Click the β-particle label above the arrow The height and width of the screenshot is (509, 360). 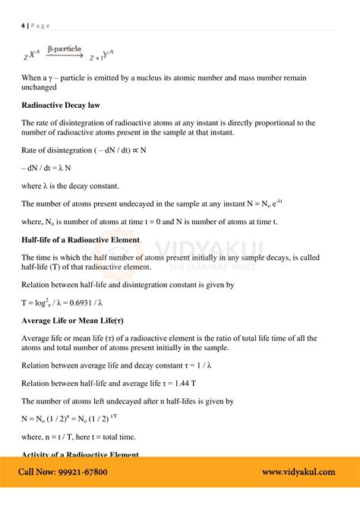coord(65,49)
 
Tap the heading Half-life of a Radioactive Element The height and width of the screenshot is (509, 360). coord(81,239)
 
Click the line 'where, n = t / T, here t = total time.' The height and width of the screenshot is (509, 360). coord(90,436)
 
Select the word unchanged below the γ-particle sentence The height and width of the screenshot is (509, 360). coord(44,87)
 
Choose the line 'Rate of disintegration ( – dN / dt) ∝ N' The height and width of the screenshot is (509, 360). coord(84,150)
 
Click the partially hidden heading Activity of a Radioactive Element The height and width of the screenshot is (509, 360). coord(80,454)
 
